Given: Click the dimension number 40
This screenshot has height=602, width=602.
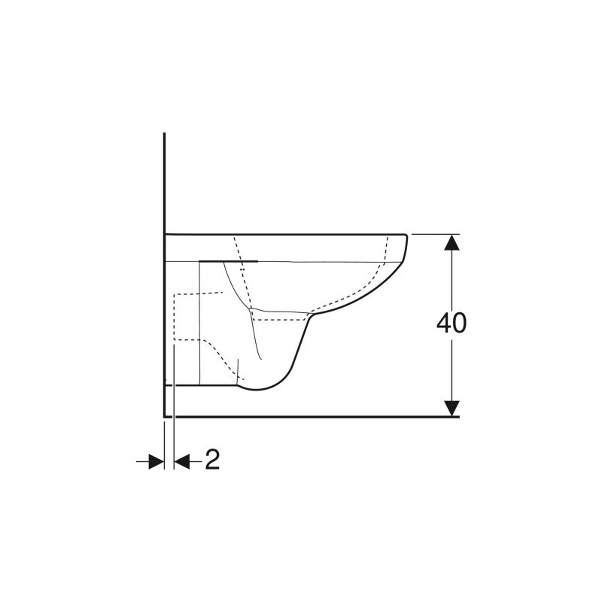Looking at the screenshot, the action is (451, 324).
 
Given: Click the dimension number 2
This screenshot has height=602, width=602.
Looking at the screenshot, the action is (212, 460).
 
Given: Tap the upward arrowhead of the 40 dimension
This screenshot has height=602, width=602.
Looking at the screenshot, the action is (451, 242).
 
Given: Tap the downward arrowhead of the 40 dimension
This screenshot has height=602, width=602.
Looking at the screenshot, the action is (451, 408).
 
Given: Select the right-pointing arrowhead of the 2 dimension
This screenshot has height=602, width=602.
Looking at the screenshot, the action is (157, 461).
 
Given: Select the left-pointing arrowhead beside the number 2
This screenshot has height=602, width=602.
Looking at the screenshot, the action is (182, 461).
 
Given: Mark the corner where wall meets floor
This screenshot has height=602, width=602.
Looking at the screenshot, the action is (164, 416).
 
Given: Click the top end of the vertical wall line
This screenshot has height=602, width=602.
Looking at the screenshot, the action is (164, 133).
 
